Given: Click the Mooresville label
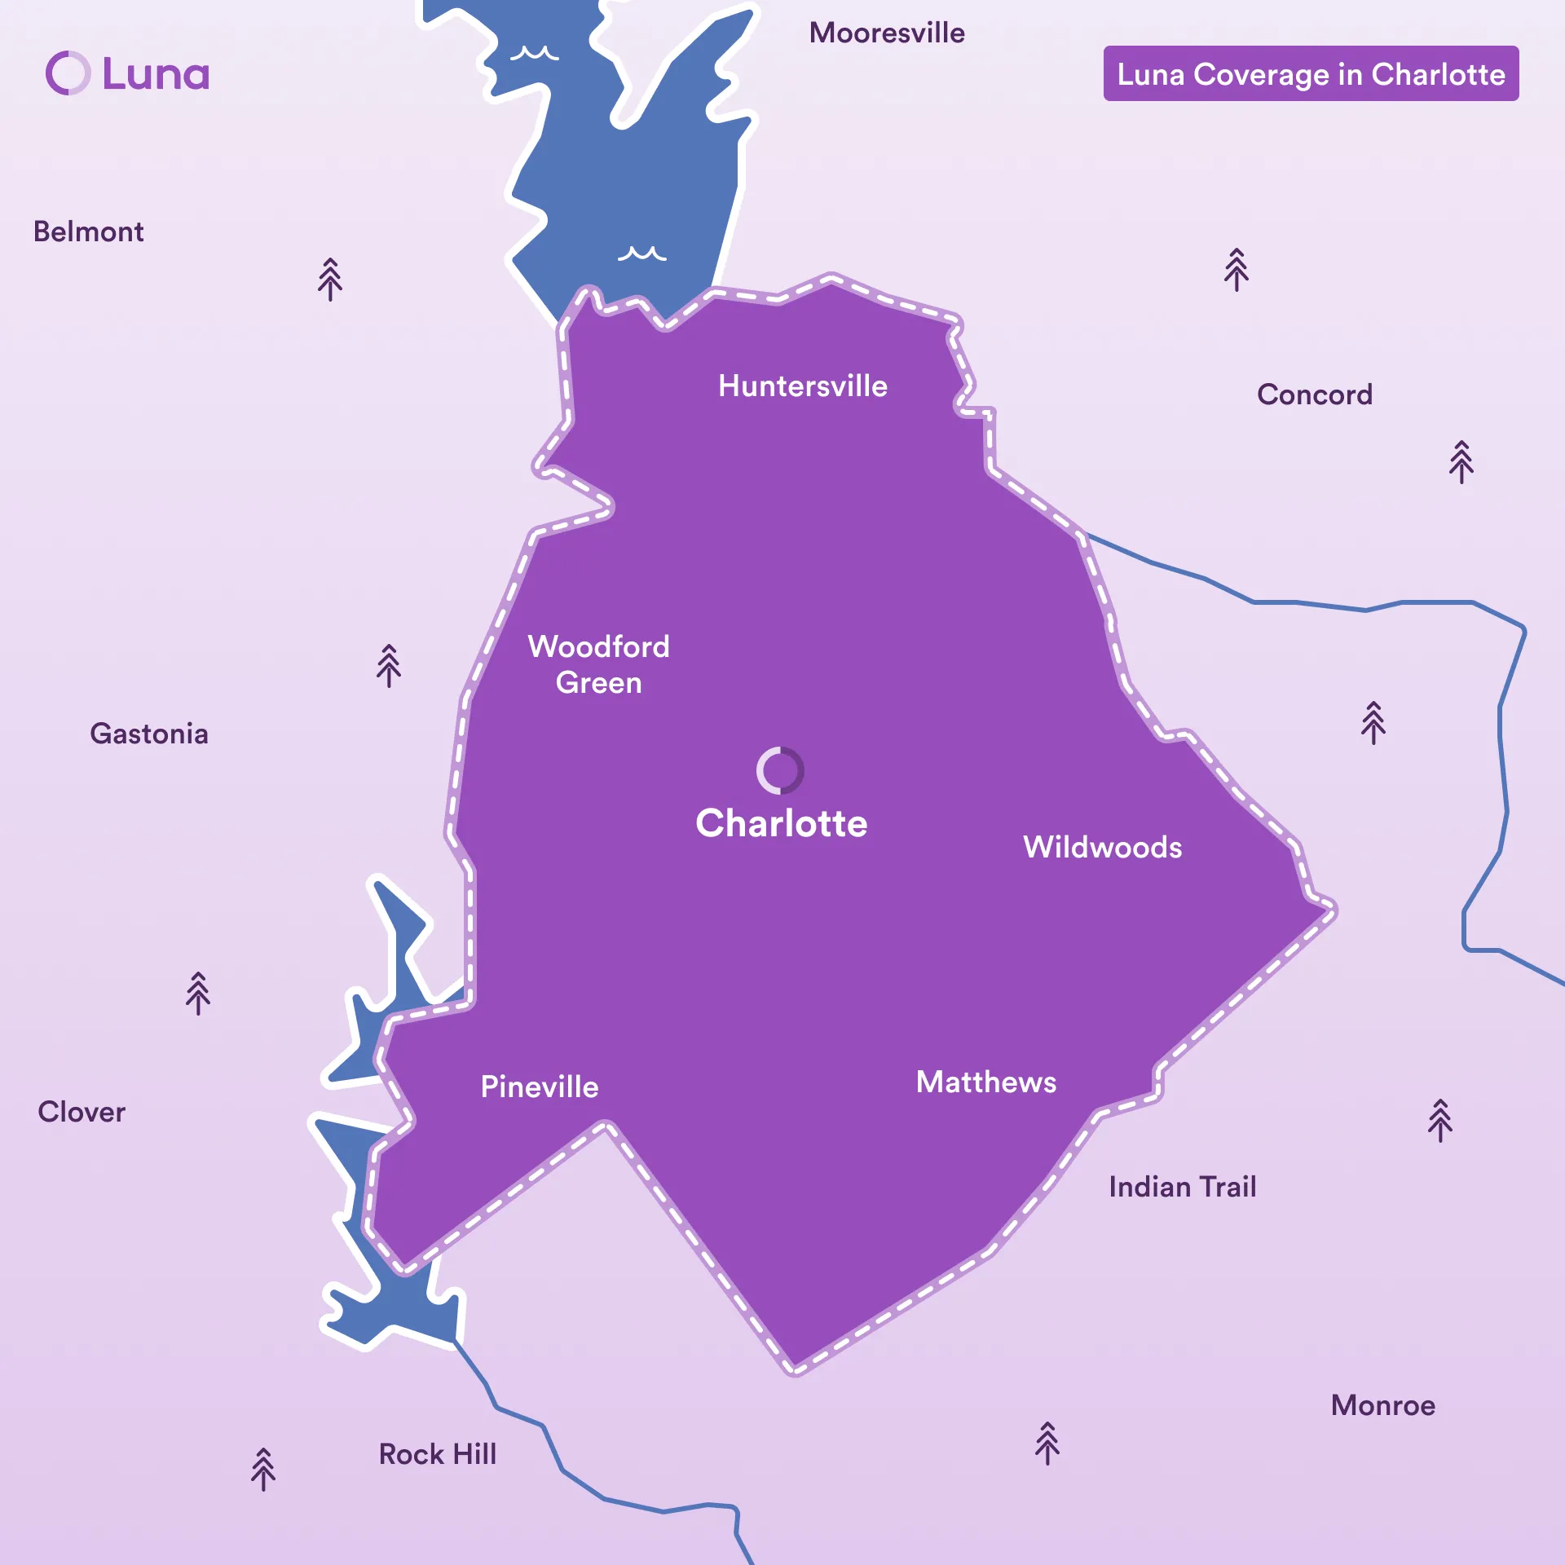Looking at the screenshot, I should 887,33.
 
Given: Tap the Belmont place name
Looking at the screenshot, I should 88,232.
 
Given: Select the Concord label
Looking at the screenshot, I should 1314,395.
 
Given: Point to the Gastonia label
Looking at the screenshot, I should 149,734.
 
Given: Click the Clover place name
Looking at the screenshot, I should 82,1113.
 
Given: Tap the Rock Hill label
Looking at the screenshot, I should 438,1454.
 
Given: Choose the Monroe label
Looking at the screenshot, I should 1382,1405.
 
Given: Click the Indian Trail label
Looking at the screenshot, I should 1182,1188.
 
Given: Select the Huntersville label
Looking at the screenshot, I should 803,386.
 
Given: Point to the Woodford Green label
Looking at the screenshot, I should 599,664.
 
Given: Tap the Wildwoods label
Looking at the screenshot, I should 1102,848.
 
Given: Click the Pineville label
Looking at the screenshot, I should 540,1087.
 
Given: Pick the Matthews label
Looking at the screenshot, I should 986,1082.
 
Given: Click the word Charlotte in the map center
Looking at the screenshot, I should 781,823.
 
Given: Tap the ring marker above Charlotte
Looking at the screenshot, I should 780,770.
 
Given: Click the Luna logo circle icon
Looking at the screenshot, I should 68,73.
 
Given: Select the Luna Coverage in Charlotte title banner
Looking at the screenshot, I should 1311,74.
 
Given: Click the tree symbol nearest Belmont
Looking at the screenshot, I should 330,280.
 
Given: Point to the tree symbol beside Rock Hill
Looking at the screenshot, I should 263,1469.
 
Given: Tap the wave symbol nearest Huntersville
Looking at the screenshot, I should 641,253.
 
